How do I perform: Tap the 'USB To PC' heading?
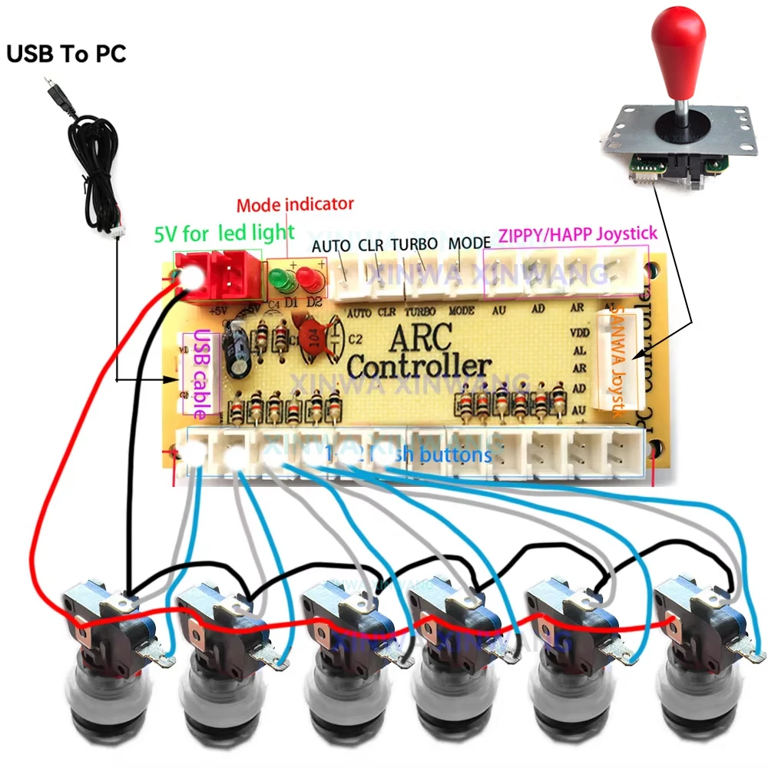tap(66, 55)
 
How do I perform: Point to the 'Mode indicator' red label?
tap(295, 205)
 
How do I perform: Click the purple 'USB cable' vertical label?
tap(200, 373)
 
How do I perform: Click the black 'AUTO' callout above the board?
tap(331, 247)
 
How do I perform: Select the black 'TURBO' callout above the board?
tap(414, 245)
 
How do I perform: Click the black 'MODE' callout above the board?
tap(469, 243)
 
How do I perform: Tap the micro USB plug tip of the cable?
tap(48, 82)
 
